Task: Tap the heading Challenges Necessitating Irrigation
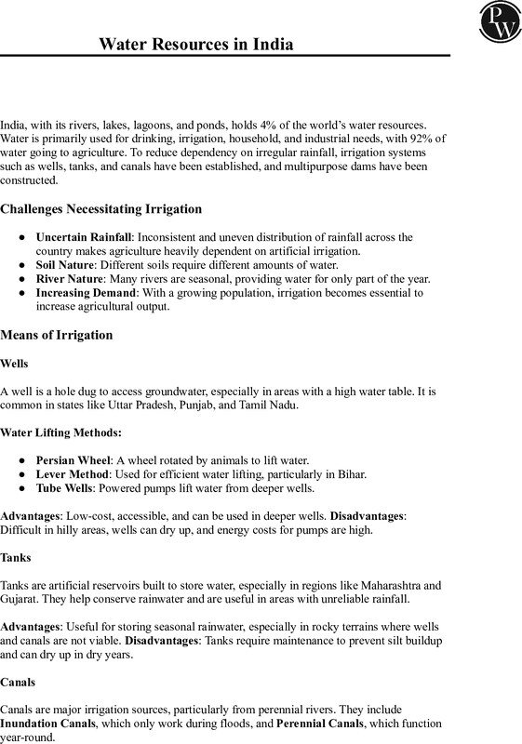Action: [100, 208]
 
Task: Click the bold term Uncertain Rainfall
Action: [84, 237]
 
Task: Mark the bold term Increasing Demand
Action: [86, 293]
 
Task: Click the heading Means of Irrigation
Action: [56, 335]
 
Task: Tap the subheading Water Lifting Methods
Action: [60, 432]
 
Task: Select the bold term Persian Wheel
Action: [73, 460]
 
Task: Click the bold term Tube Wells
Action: [63, 488]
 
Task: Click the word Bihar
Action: [352, 474]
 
